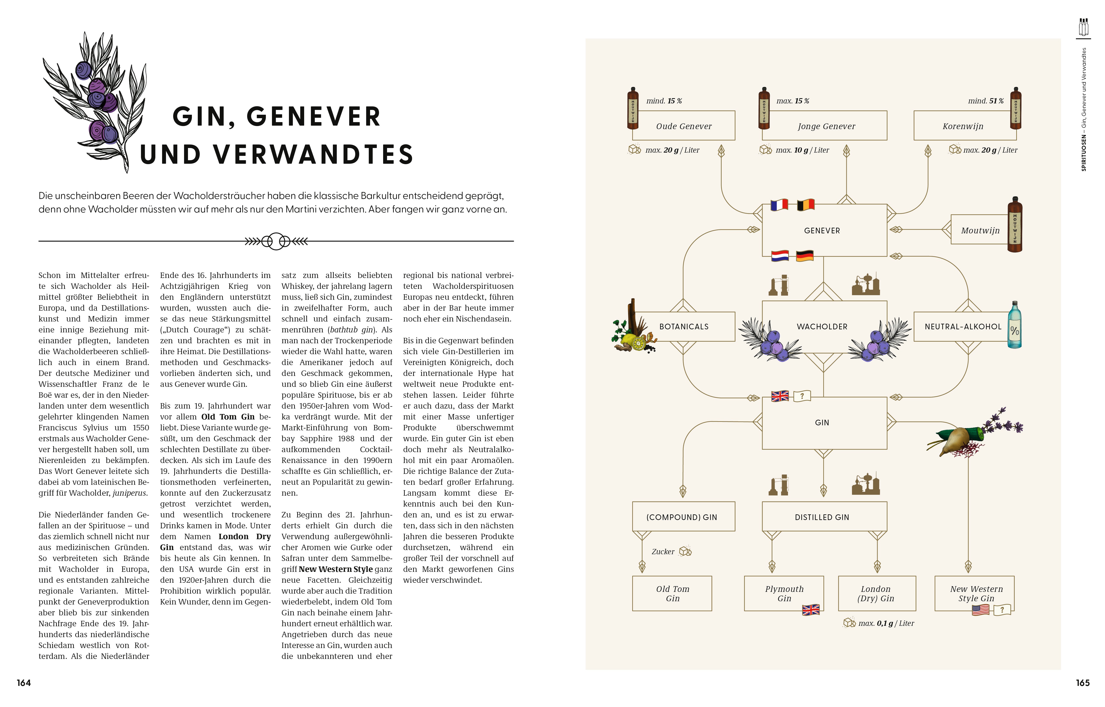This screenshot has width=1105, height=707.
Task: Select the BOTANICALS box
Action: pos(684,327)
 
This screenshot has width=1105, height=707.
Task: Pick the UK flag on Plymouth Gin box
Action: pos(811,610)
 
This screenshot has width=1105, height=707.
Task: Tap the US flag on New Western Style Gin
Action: pos(981,610)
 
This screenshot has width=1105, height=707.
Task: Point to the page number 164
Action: pos(24,683)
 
